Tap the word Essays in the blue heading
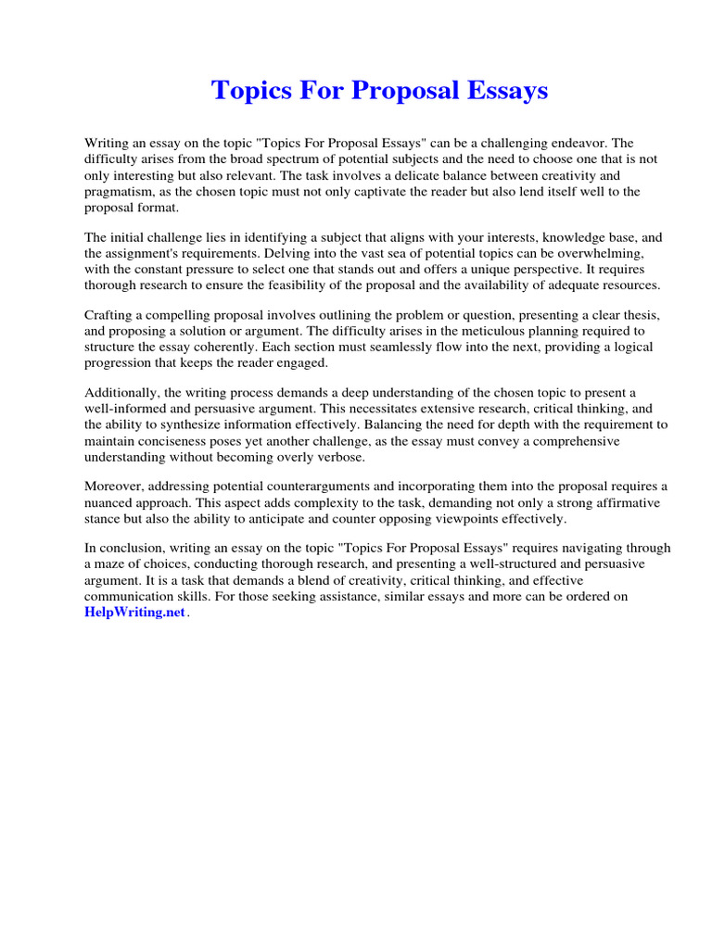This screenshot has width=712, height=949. tap(504, 91)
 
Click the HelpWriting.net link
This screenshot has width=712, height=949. tap(134, 614)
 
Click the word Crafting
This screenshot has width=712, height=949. tap(110, 315)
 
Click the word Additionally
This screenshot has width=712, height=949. tap(121, 393)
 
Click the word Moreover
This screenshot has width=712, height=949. tap(115, 487)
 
